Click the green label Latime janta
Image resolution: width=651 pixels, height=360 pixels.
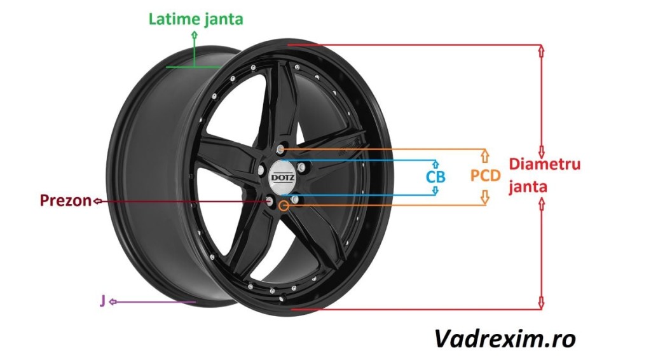tap(196, 19)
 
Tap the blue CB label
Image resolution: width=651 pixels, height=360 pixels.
tap(435, 176)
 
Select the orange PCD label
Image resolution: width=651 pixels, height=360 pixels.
tap(485, 176)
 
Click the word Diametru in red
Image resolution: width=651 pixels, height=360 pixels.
tap(545, 165)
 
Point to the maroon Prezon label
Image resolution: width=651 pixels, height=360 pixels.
tap(65, 201)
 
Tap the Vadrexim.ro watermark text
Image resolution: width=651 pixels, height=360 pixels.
tap(505, 338)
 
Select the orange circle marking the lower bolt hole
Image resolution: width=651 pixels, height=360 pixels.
tap(284, 205)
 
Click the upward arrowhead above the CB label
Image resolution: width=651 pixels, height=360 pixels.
tap(435, 163)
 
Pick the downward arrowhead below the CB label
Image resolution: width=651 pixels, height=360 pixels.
tap(435, 190)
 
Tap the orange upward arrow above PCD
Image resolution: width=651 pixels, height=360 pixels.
tap(485, 155)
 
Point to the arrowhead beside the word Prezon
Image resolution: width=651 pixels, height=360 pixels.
tap(97, 201)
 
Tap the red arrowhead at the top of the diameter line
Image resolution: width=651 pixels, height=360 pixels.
tap(541, 49)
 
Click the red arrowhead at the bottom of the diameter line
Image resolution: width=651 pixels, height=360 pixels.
tap(541, 304)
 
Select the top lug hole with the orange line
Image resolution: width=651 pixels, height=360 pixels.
tap(280, 149)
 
